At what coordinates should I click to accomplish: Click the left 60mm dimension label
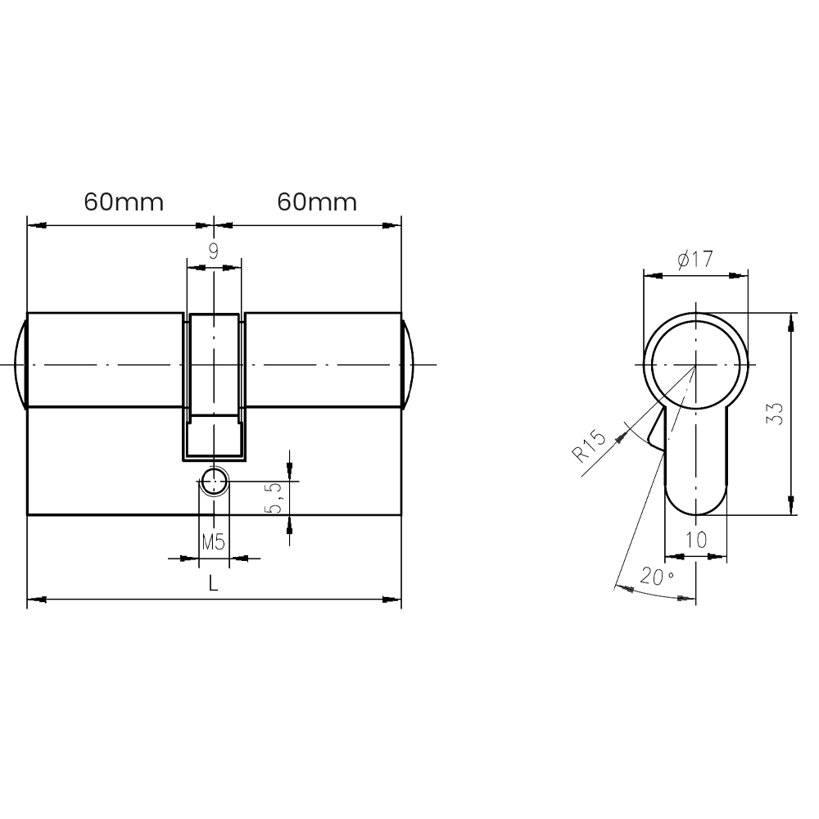(x=124, y=202)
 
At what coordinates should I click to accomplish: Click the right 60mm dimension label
(x=317, y=202)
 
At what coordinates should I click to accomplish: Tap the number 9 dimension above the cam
(x=214, y=251)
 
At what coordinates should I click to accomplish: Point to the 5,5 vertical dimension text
(x=274, y=498)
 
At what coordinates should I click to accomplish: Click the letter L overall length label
(x=213, y=583)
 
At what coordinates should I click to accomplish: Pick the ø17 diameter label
(x=695, y=259)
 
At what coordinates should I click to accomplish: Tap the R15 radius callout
(x=589, y=446)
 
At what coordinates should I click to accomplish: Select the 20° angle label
(x=657, y=577)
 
